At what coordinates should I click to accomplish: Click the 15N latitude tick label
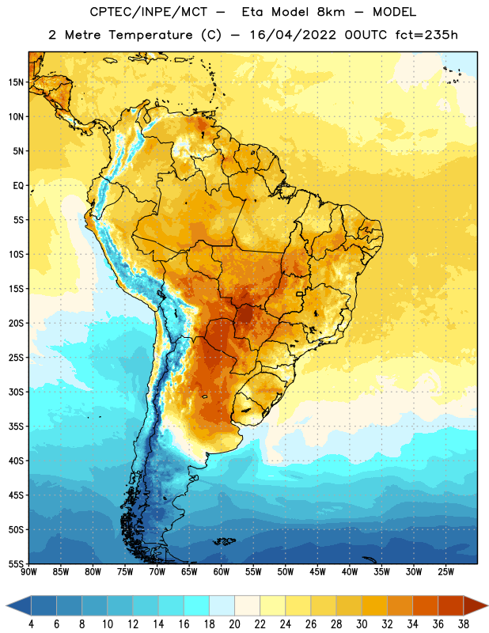[16, 82]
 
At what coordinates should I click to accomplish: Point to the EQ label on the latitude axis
[18, 186]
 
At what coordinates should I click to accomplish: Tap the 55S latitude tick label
[16, 563]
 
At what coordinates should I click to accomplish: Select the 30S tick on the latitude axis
[16, 392]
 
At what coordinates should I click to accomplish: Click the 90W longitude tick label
[28, 572]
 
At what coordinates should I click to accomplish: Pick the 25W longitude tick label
[445, 572]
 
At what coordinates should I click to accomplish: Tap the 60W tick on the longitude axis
[222, 572]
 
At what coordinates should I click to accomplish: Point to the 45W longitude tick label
[317, 572]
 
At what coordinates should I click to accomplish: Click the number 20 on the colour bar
[234, 624]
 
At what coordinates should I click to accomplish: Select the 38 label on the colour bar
[464, 624]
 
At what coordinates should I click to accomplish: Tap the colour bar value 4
[31, 624]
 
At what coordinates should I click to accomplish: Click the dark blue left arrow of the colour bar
[18, 606]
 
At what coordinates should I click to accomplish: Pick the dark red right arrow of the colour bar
[476, 606]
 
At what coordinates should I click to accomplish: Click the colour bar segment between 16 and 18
[196, 606]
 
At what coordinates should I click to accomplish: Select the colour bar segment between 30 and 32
[374, 606]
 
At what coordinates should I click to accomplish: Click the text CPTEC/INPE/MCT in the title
[148, 12]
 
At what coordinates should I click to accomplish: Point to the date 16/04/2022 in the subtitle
[293, 35]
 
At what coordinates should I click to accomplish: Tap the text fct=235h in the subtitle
[426, 35]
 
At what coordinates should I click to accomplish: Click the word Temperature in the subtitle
[150, 36]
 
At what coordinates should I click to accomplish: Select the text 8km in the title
[331, 12]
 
